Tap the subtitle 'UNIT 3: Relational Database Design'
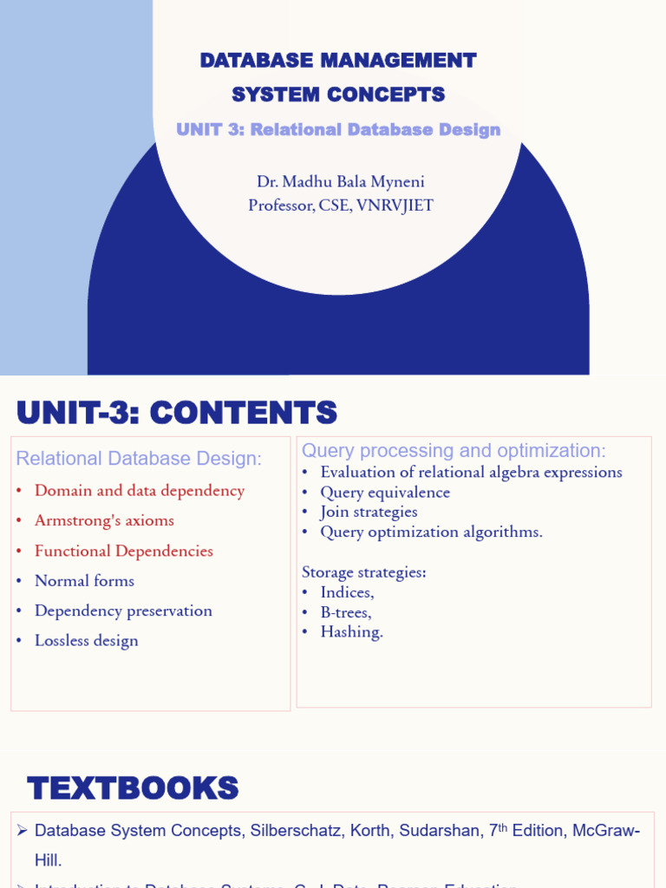338,129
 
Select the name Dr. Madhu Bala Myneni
340,182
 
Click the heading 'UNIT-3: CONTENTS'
177,413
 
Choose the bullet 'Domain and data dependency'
139,491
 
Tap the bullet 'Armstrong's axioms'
104,520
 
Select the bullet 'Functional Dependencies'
123,551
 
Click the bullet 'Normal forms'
84,581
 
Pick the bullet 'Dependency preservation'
123,610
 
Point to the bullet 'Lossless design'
86,641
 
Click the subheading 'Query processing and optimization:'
454,451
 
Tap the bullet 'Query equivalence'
385,493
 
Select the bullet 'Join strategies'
369,513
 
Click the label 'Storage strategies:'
364,572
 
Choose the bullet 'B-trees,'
346,612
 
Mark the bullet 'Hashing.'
351,632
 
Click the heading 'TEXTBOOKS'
133,789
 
